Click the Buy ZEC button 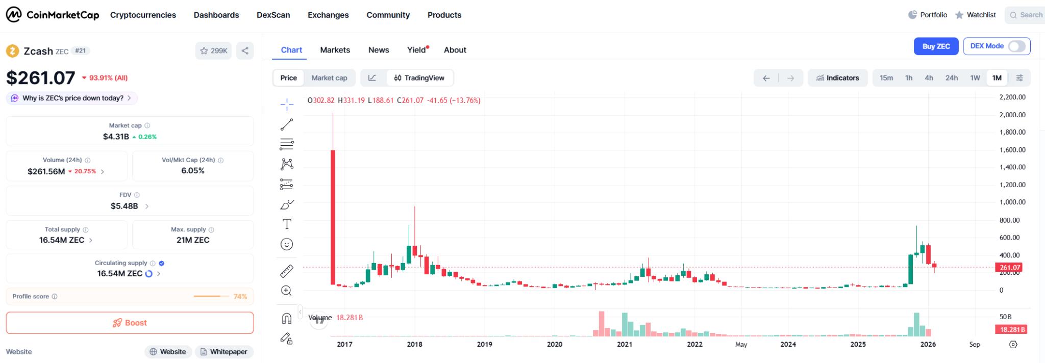tap(936, 46)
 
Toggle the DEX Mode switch tap(1016, 46)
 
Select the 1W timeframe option tap(975, 78)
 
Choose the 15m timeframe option tap(886, 78)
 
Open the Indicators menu tap(837, 78)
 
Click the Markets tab tap(335, 50)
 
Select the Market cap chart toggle tap(329, 78)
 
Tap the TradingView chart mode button tap(419, 78)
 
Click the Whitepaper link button tap(224, 352)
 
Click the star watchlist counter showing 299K tap(214, 51)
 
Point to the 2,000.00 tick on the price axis tap(1012, 115)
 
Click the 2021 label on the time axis tap(625, 344)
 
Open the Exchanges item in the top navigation tap(328, 15)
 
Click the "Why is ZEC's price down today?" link tap(73, 98)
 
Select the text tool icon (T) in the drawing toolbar tap(287, 224)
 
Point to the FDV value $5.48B tap(124, 206)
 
